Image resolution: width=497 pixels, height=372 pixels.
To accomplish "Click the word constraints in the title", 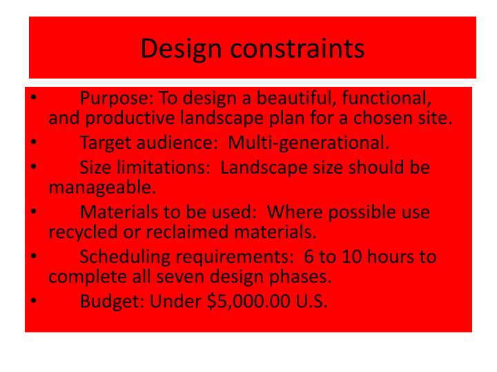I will [x=298, y=48].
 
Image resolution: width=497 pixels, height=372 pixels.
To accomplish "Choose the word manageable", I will [x=101, y=187].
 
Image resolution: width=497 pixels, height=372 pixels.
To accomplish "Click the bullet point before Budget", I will [x=32, y=302].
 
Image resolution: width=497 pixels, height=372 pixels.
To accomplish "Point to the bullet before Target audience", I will [x=32, y=143].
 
